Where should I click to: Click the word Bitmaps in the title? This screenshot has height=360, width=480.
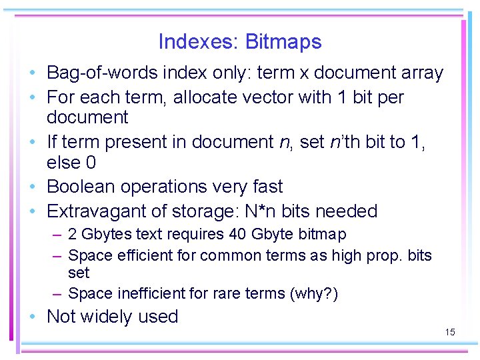point(283,42)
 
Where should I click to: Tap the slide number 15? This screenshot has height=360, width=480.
point(449,332)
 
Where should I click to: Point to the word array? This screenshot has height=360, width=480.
point(419,73)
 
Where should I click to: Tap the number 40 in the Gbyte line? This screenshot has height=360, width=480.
point(239,235)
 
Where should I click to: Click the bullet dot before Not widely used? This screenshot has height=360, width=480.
point(32,317)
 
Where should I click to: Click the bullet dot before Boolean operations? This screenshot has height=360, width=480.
point(32,187)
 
